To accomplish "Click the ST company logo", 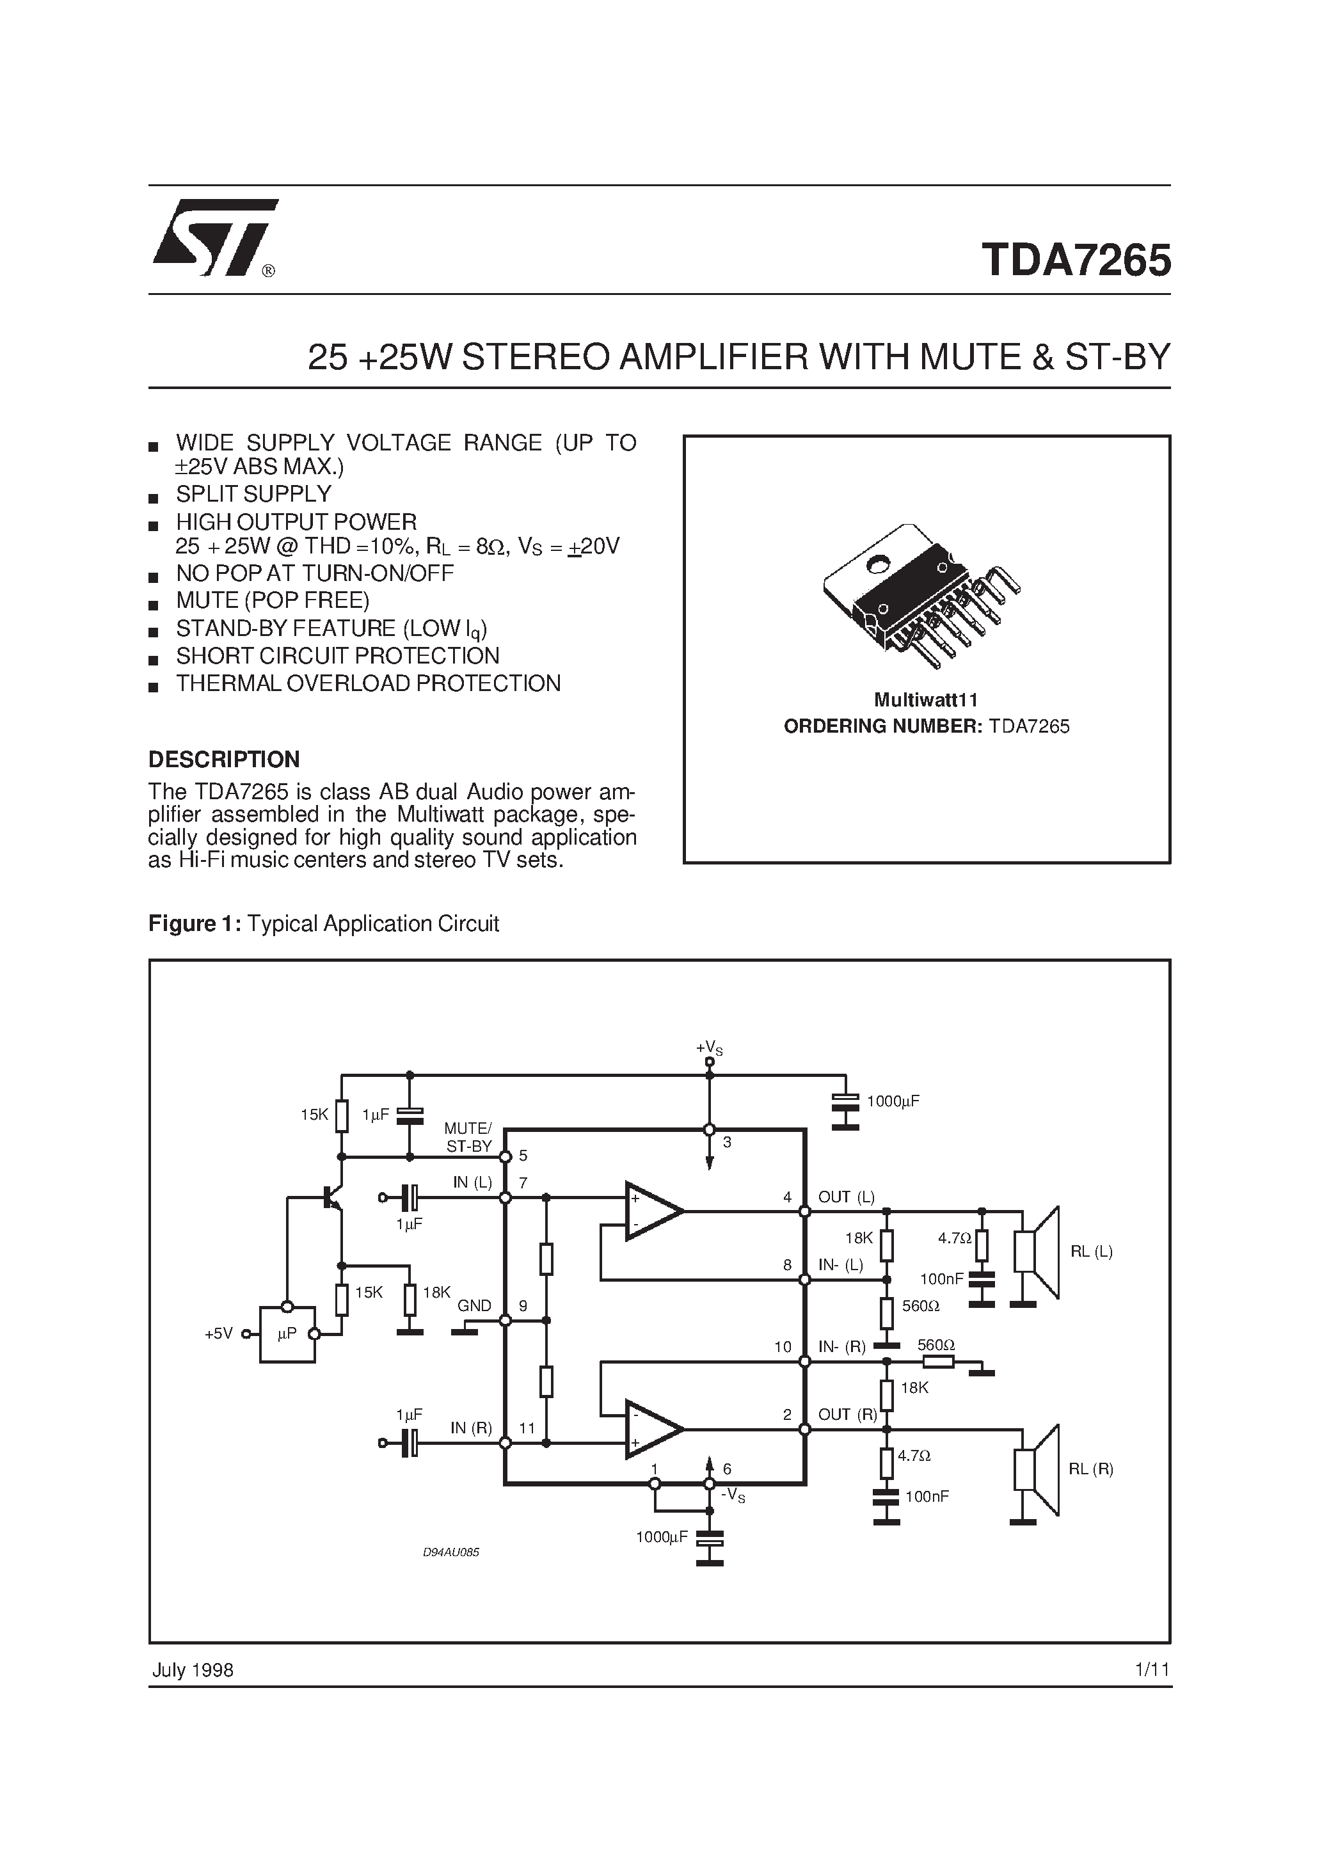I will (214, 237).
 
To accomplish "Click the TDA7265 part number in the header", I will (1076, 261).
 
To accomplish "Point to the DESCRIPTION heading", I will (224, 759).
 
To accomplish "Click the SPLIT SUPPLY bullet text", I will (253, 494).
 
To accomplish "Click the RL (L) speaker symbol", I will (1037, 1252).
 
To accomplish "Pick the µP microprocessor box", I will (287, 1334).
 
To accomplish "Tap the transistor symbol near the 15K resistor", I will (331, 1197).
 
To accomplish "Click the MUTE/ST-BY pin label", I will (468, 1137).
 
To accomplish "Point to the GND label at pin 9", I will (474, 1305).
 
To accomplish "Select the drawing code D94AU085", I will (450, 1552).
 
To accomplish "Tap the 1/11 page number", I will (1152, 1669).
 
